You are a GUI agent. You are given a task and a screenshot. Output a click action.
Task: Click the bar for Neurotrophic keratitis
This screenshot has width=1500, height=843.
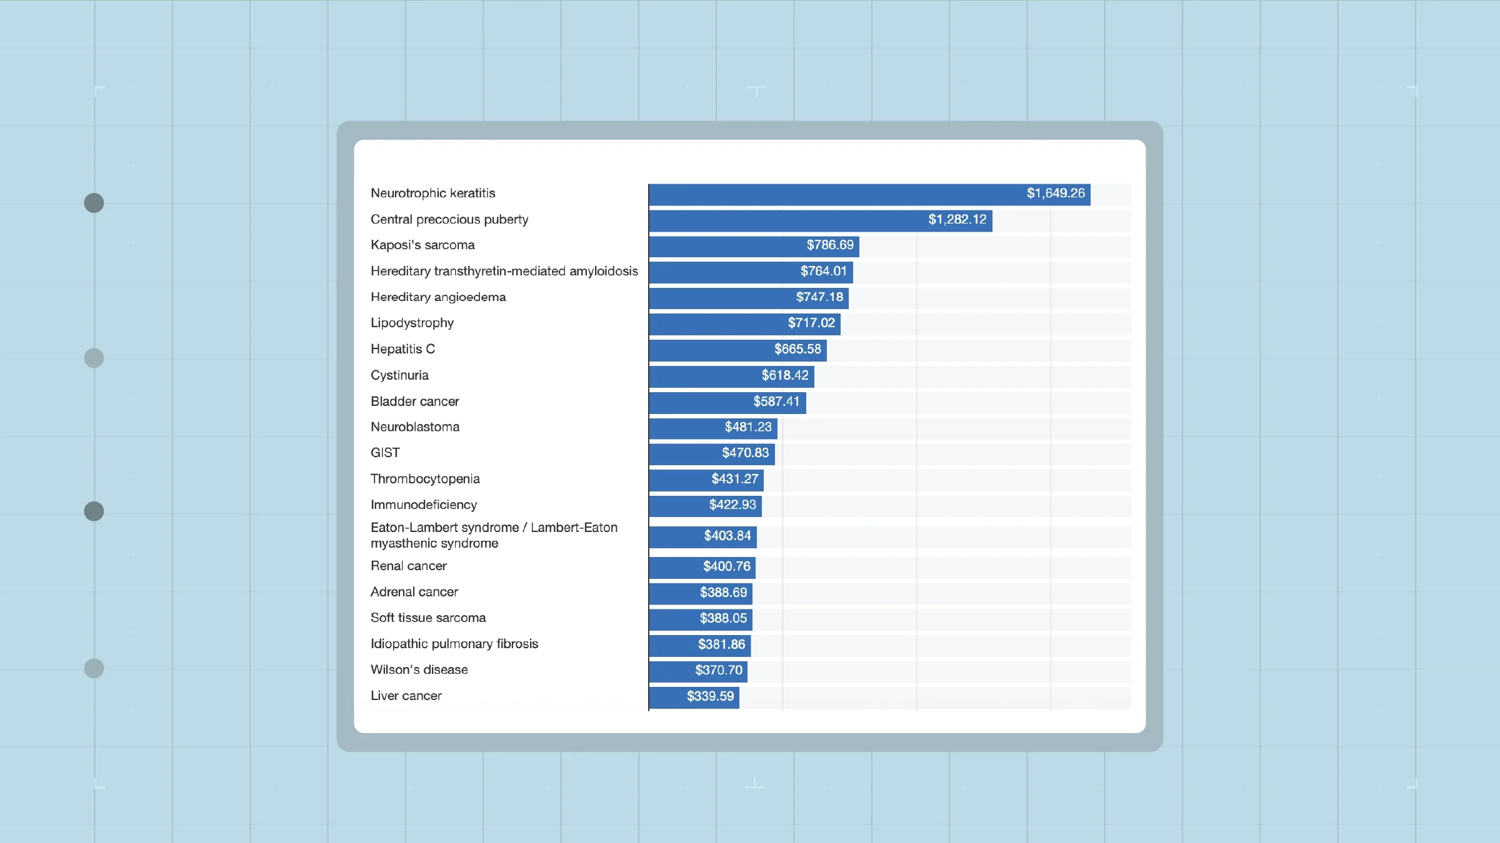tap(869, 194)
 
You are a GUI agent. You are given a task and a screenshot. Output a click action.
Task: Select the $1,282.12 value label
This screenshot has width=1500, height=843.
tap(957, 220)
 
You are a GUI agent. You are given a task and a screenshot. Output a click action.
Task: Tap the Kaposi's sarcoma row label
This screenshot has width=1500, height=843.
tap(422, 245)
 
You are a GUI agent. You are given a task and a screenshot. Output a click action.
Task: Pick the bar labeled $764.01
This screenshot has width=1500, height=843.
tap(750, 272)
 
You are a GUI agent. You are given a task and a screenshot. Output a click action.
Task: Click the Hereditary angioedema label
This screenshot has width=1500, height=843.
tap(438, 297)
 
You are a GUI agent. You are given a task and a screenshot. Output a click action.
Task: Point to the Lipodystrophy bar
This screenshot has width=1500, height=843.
tap(744, 323)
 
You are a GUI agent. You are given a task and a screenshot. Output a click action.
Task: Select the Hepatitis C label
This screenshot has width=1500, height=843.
tap(402, 349)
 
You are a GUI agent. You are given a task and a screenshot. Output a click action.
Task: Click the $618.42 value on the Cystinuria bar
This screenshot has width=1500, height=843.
tap(784, 375)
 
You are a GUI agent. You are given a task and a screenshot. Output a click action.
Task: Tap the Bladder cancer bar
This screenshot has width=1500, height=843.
tap(727, 402)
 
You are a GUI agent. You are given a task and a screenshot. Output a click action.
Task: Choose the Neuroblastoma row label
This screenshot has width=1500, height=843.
tap(415, 427)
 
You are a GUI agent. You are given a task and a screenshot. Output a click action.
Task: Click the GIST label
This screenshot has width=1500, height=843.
tap(385, 453)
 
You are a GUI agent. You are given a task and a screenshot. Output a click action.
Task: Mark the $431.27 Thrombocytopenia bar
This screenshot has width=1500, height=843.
tap(706, 480)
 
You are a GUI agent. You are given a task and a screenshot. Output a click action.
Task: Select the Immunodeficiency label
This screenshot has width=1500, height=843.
tap(424, 505)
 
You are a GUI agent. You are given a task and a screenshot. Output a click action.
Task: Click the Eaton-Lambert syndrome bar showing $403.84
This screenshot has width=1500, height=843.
tap(702, 536)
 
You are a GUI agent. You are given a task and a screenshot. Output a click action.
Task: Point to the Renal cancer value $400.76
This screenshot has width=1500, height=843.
tap(726, 566)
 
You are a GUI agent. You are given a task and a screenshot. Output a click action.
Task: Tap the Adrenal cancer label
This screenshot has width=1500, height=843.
tap(414, 592)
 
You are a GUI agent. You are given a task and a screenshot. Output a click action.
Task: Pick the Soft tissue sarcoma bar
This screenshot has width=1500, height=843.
tap(700, 619)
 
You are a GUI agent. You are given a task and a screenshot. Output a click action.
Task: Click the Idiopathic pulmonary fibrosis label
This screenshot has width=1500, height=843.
tap(454, 644)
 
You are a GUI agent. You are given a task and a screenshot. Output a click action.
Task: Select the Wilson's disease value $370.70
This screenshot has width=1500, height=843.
tap(718, 670)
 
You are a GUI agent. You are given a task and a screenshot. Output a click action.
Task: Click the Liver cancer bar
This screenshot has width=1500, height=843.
tap(694, 697)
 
